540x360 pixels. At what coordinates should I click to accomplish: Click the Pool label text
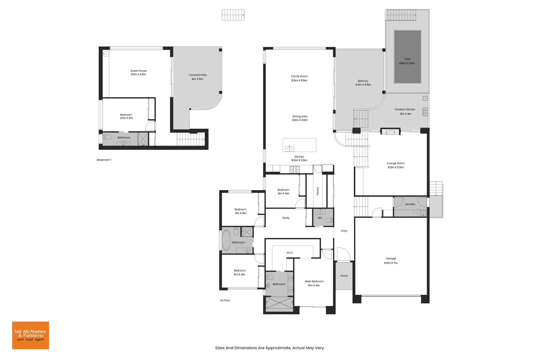[407, 59]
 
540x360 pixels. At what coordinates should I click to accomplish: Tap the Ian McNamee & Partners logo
[30, 335]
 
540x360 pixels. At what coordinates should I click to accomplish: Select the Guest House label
[138, 71]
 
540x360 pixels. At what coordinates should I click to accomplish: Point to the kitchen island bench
[299, 145]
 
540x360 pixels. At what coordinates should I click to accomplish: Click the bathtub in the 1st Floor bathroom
[226, 240]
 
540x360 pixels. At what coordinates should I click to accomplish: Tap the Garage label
[391, 258]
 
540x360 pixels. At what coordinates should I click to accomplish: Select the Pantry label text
[318, 191]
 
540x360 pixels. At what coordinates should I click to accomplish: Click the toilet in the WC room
[329, 220]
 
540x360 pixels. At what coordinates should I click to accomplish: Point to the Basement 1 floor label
[104, 160]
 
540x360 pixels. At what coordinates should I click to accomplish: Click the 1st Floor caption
[225, 300]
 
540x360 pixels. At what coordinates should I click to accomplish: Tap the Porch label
[344, 276]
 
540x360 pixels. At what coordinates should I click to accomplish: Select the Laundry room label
[410, 204]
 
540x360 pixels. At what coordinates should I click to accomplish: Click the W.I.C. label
[290, 253]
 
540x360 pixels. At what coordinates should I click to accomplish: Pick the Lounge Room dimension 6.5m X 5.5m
[396, 167]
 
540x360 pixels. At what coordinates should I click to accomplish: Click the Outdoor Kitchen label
[405, 109]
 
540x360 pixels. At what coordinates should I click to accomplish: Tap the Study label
[286, 218]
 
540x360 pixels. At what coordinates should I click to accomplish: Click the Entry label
[344, 231]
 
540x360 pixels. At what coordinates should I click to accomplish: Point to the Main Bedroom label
[314, 281]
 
